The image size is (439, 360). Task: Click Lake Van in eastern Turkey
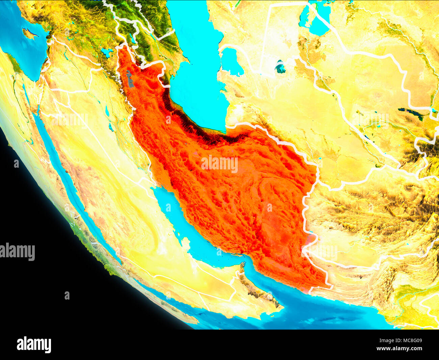107,52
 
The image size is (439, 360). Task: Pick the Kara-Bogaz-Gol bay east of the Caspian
231,61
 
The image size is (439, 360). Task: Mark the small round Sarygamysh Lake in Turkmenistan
280,67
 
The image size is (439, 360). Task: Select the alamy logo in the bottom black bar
34,345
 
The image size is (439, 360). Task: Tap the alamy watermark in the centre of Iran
219,164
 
